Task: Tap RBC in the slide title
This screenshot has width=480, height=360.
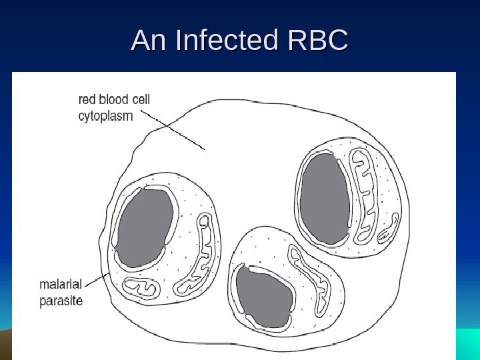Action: [x=317, y=41]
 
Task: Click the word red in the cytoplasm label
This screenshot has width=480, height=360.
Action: [x=87, y=100]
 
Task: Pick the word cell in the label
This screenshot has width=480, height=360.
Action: [x=141, y=100]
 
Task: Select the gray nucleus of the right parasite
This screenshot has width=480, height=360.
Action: [x=325, y=198]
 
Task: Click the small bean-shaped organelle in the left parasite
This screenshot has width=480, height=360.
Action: [x=139, y=287]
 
